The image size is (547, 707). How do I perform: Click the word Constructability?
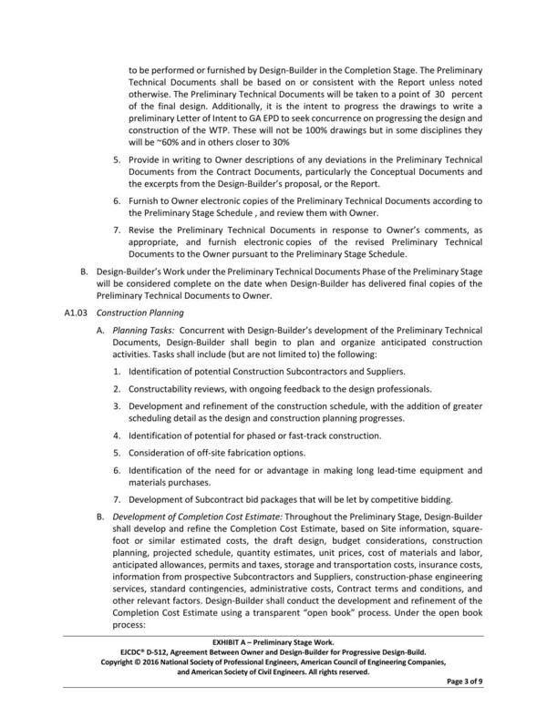pyautogui.click(x=168, y=389)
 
